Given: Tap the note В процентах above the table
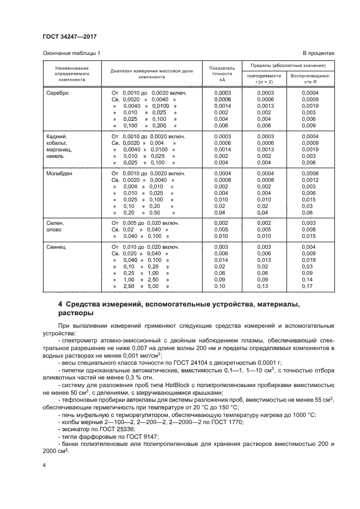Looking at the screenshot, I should tap(318, 53).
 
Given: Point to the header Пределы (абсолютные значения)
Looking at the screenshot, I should tap(288, 65).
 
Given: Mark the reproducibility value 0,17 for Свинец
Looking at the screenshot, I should tap(309, 286).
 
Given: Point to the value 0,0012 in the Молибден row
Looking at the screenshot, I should tap(309, 180).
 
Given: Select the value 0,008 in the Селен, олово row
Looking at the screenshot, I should tap(309, 230).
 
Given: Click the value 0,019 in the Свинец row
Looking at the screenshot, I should tap(309, 260).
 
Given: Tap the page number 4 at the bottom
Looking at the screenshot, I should tap(44, 465).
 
